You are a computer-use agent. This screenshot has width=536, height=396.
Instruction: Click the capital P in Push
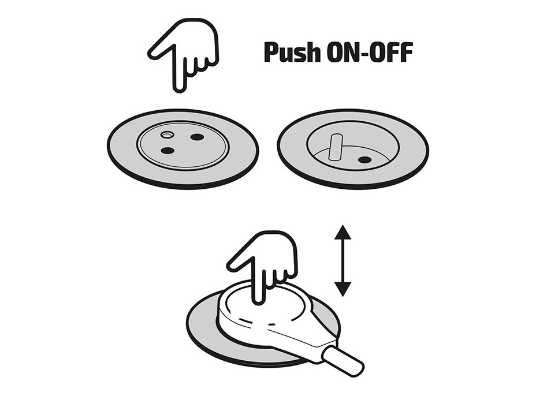pyautogui.click(x=270, y=53)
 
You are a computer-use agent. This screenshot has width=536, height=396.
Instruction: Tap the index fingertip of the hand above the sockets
pyautogui.click(x=180, y=89)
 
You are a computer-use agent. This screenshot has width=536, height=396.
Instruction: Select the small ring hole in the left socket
pyautogui.click(x=166, y=135)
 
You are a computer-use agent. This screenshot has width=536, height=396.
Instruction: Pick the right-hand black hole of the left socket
pyautogui.click(x=197, y=137)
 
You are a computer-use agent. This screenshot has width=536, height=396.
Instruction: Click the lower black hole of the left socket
pyautogui.click(x=167, y=150)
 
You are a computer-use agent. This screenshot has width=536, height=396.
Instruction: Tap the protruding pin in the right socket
pyautogui.click(x=334, y=147)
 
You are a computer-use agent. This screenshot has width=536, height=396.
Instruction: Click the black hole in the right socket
pyautogui.click(x=364, y=159)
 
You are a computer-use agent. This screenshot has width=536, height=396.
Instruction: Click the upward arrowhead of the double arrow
pyautogui.click(x=343, y=231)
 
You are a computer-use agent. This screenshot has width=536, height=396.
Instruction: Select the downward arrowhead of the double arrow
pyautogui.click(x=343, y=289)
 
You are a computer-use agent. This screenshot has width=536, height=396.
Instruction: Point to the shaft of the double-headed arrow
pyautogui.click(x=343, y=260)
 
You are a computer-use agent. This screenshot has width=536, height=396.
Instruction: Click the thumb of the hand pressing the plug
pyautogui.click(x=239, y=263)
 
